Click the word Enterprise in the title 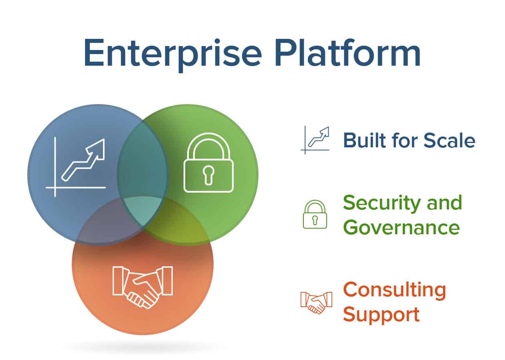click(173, 55)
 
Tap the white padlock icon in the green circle click(208, 163)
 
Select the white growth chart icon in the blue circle click(76, 167)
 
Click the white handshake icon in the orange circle click(143, 288)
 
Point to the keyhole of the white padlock click(208, 176)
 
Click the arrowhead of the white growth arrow click(97, 149)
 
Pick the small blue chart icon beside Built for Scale click(315, 140)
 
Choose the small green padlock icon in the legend click(315, 215)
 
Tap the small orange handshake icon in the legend click(316, 303)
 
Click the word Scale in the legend click(450, 140)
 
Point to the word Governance click(401, 228)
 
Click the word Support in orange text click(381, 315)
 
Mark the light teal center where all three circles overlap click(143, 211)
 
